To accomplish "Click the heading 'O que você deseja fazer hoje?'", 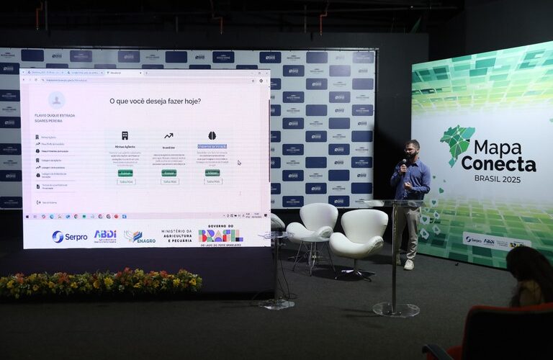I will pyautogui.click(x=155, y=102).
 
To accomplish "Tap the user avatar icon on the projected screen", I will pyautogui.click(x=56, y=100).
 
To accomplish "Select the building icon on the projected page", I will pyautogui.click(x=125, y=135).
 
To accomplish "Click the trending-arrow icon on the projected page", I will pyautogui.click(x=168, y=135).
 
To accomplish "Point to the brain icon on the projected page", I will pyautogui.click(x=212, y=135).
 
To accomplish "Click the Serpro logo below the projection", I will pyautogui.click(x=69, y=236).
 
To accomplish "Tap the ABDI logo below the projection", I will pyautogui.click(x=105, y=235).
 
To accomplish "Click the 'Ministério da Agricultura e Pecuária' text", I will pyautogui.click(x=176, y=235).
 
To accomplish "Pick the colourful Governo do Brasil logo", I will pyautogui.click(x=220, y=235).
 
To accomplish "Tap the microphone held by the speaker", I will pyautogui.click(x=404, y=163).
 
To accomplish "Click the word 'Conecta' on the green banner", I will pyautogui.click(x=498, y=164).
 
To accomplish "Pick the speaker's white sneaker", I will pyautogui.click(x=409, y=264).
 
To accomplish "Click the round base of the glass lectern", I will pyautogui.click(x=396, y=309).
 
